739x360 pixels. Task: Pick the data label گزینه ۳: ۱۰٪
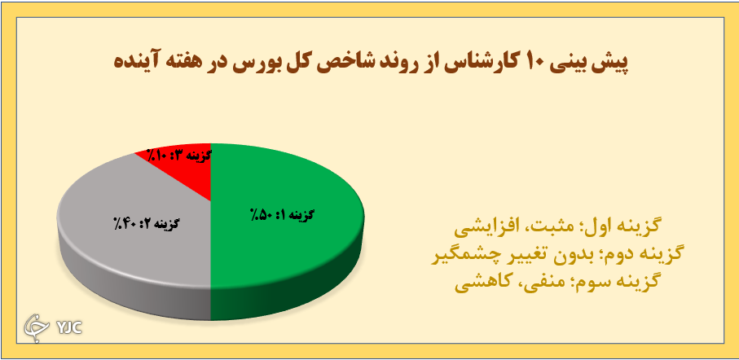pos(178,153)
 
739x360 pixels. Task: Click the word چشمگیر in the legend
pos(459,253)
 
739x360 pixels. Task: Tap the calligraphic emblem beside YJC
pos(37,325)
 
